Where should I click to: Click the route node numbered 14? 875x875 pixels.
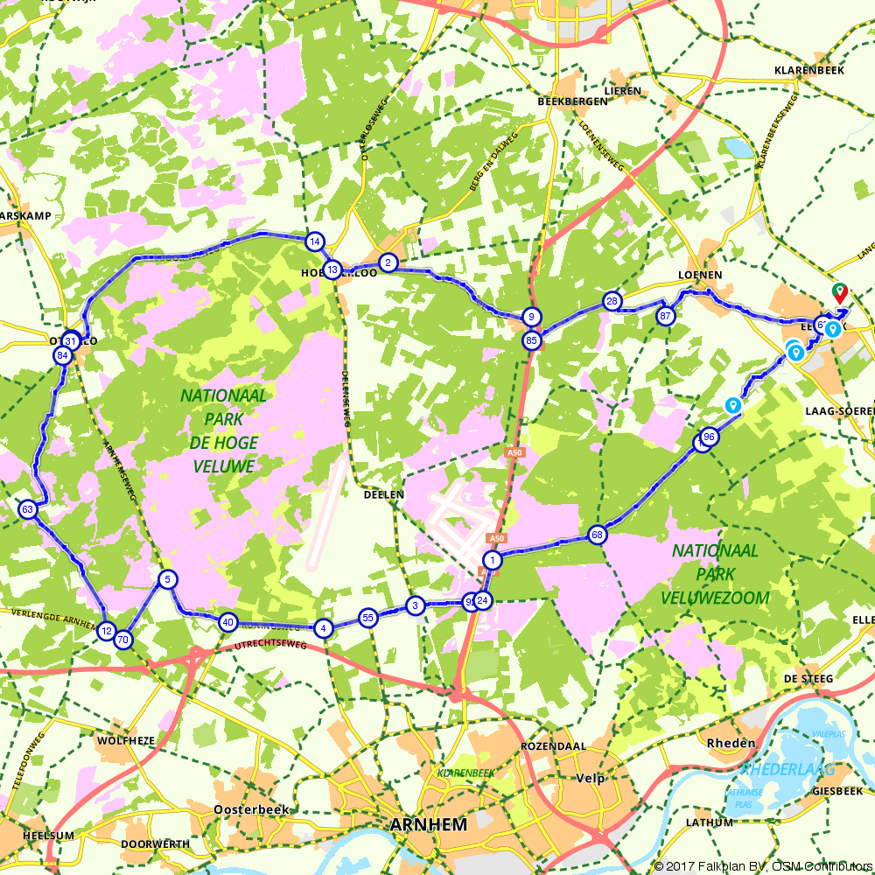tap(315, 241)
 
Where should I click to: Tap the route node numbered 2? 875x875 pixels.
tap(388, 262)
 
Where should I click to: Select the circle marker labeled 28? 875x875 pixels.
tap(612, 301)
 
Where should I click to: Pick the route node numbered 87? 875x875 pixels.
tap(666, 316)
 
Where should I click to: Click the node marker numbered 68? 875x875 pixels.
tap(598, 535)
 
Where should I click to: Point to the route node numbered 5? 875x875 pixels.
tap(166, 579)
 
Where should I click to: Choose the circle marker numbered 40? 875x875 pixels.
tap(227, 622)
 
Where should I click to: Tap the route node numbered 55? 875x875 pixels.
tap(368, 618)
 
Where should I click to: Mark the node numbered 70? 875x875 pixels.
tap(122, 640)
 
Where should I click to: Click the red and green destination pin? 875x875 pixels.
tap(839, 291)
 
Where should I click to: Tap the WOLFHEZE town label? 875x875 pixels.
tap(126, 740)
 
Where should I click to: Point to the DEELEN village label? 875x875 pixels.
tap(384, 494)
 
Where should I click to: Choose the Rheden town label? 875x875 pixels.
tap(731, 743)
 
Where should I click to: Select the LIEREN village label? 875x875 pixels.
tap(622, 90)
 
